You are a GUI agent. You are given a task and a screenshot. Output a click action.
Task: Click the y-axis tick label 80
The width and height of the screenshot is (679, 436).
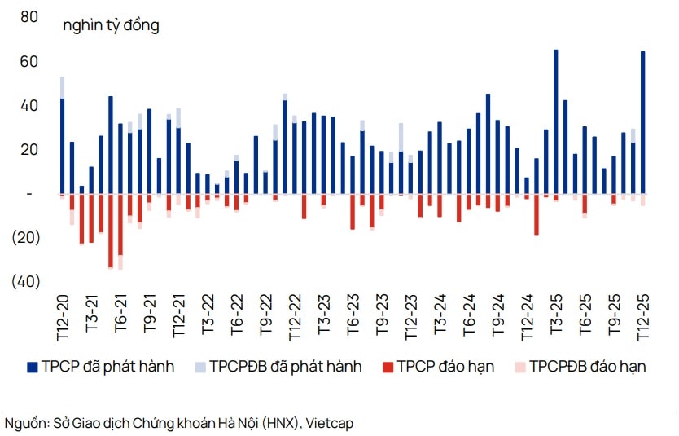28,16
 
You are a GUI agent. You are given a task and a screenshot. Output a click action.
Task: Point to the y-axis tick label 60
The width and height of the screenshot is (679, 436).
28,62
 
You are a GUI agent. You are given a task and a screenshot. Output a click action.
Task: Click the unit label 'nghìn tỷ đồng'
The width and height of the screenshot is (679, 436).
111,25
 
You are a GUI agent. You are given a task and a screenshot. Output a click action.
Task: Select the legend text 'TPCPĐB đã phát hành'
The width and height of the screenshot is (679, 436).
285,367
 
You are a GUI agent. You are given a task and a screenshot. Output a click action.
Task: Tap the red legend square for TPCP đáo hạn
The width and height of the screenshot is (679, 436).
387,367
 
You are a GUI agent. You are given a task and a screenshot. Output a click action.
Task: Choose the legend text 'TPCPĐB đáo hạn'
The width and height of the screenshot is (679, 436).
588,367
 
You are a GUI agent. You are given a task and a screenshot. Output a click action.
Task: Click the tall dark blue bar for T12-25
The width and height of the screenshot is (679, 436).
642,122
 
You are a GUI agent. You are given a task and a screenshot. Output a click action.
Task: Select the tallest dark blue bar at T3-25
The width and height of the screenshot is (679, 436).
555,121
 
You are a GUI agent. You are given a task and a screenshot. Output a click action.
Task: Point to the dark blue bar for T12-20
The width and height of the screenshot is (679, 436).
63,147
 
